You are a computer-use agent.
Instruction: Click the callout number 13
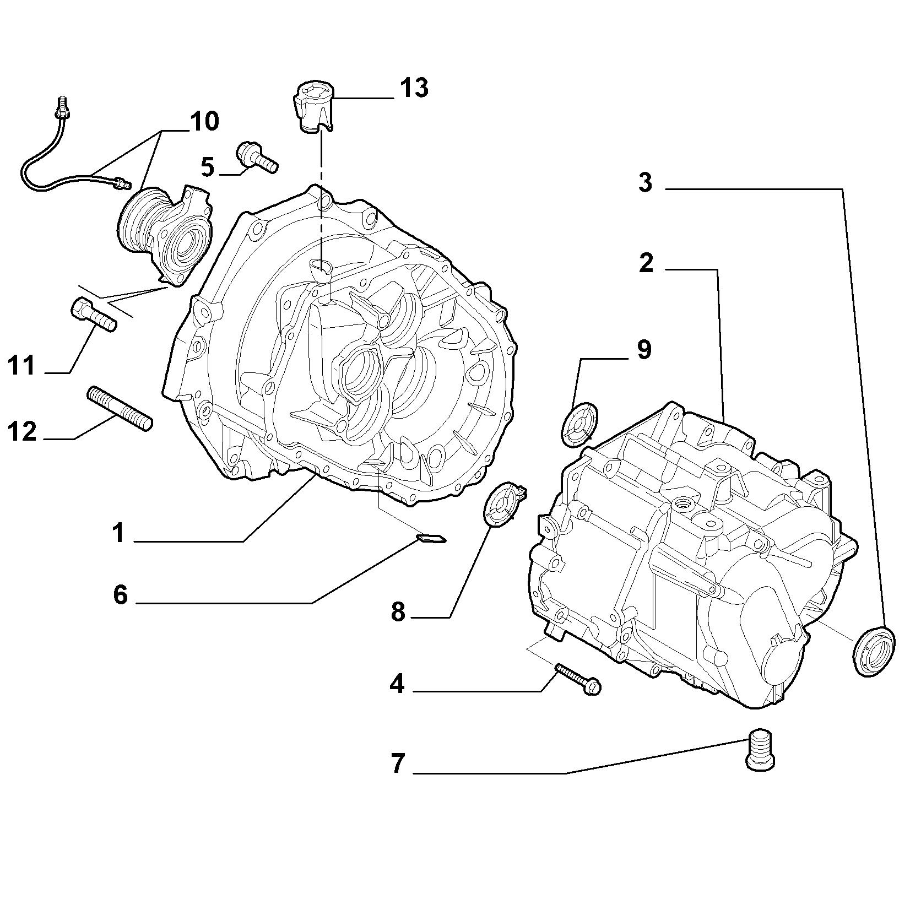[414, 88]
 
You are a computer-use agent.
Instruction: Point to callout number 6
[121, 595]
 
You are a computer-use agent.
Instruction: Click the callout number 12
[22, 431]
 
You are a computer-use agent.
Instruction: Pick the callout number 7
[398, 765]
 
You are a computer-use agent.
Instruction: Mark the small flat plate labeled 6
[432, 538]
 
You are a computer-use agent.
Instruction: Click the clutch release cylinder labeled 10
[165, 235]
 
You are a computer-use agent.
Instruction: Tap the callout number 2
[646, 263]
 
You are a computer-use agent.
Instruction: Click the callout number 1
[118, 533]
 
